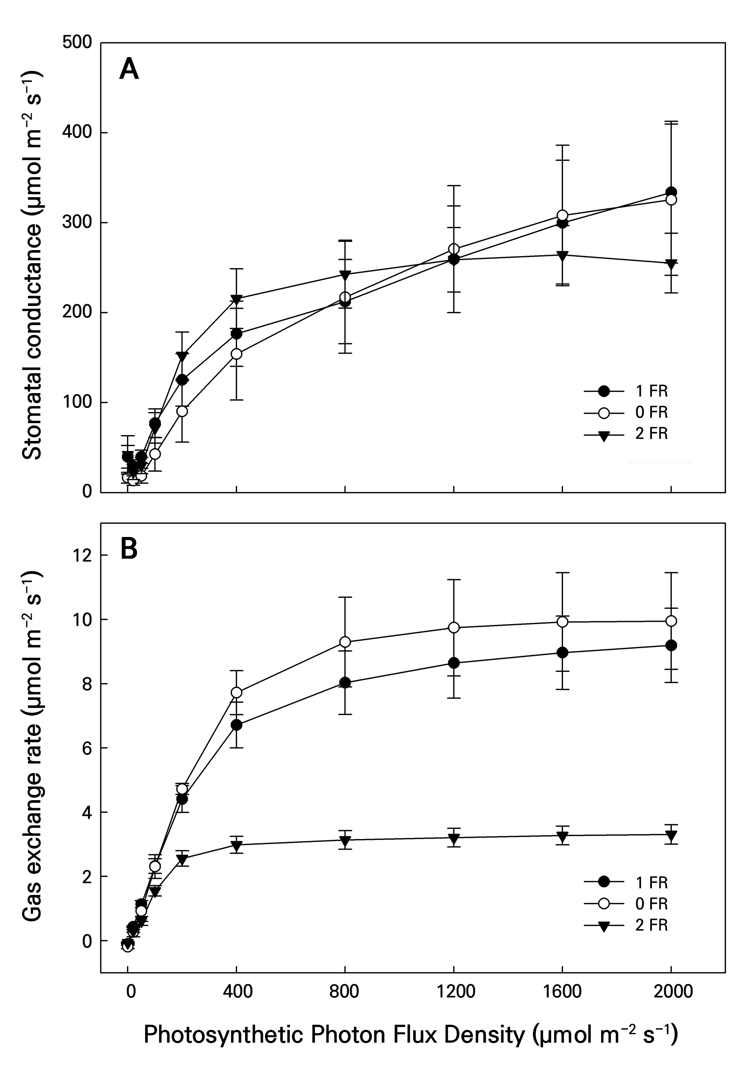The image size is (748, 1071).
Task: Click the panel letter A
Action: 129,69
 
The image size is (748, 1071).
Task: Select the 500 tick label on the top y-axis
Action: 77,42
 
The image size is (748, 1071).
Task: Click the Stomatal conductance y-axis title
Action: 33,266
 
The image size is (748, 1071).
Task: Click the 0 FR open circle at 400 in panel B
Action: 237,693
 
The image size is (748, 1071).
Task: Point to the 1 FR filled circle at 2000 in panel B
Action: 671,646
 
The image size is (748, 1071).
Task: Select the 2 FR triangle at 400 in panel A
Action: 237,299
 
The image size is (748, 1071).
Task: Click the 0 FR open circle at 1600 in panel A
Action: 562,215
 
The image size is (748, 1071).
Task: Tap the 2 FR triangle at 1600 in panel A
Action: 562,255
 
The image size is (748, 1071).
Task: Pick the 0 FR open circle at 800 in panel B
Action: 345,642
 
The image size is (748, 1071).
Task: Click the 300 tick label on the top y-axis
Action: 77,223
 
